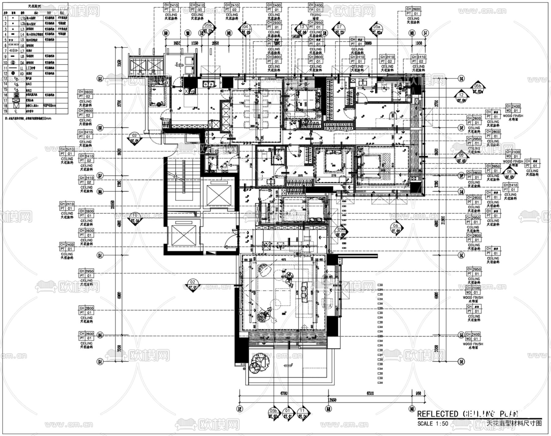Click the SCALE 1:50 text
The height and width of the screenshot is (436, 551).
tap(433, 424)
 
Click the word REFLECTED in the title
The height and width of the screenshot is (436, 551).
tap(438, 414)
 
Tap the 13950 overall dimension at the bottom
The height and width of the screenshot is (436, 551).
tap(332, 400)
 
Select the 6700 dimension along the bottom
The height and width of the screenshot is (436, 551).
tap(284, 393)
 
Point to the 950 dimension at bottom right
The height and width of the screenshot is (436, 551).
tap(418, 393)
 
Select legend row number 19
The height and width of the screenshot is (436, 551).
tap(6, 111)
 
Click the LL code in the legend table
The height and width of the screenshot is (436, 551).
tap(22, 68)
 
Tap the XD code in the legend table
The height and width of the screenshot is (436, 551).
tap(22, 74)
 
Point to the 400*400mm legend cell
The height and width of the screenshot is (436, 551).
tap(50, 106)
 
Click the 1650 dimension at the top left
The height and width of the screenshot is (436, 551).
tap(177, 43)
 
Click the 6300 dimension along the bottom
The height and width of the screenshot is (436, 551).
tap(370, 393)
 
